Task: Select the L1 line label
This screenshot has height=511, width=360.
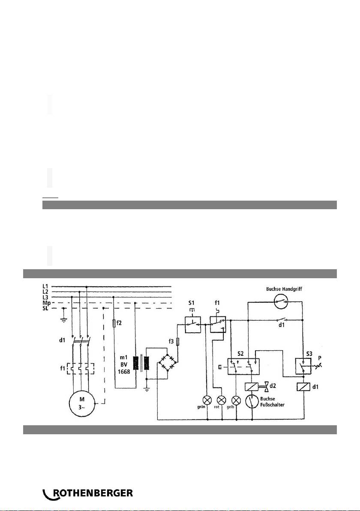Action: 45,286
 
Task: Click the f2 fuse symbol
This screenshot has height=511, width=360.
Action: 113,323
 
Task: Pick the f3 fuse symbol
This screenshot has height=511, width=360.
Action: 177,342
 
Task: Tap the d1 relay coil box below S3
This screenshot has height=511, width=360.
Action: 303,387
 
